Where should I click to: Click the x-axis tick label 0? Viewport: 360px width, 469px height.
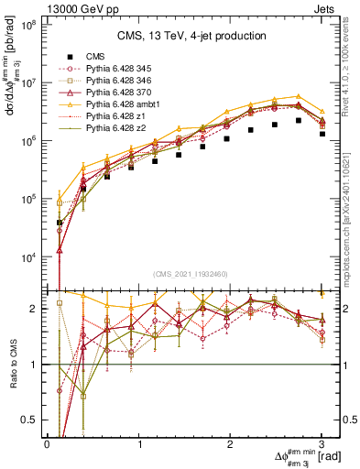click(x=48, y=443)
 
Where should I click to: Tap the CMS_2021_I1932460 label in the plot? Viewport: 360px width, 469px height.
click(x=190, y=274)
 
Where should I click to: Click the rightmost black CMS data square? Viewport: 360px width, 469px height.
click(x=321, y=134)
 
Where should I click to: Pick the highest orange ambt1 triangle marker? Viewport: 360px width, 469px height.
click(x=298, y=96)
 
